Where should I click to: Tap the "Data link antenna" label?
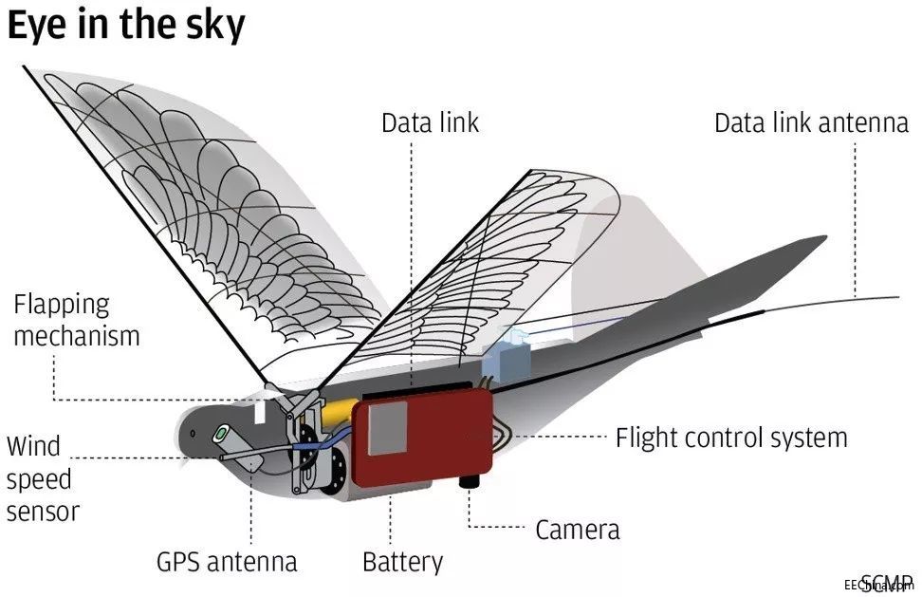(x=810, y=123)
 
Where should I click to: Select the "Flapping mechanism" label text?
(x=76, y=320)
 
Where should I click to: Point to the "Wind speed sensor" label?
(x=43, y=478)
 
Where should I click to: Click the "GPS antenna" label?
(x=227, y=561)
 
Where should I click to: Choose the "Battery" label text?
(x=402, y=561)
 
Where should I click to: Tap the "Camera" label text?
(x=578, y=529)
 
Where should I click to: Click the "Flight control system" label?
(x=730, y=438)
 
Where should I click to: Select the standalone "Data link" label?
(x=430, y=122)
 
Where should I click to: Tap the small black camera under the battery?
(x=468, y=482)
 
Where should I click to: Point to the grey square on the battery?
(x=387, y=426)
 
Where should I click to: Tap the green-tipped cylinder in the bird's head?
(x=222, y=433)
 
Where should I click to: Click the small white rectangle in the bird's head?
(x=261, y=413)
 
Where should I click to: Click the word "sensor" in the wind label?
(x=43, y=511)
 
